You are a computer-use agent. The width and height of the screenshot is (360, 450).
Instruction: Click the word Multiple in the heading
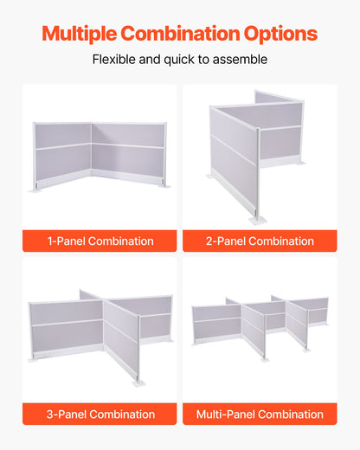(x=79, y=35)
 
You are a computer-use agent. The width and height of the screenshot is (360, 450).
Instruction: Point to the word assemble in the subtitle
(x=241, y=60)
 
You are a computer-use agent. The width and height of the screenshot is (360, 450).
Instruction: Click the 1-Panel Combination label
(x=100, y=241)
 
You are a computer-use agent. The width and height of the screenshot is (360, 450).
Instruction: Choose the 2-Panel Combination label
(x=260, y=241)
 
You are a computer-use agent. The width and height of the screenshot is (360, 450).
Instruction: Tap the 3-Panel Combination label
(x=100, y=414)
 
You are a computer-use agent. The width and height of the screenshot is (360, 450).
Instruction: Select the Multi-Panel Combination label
(x=260, y=414)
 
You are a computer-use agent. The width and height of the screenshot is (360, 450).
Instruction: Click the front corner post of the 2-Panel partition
(x=259, y=173)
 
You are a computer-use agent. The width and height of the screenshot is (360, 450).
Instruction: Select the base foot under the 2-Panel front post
(x=258, y=220)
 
